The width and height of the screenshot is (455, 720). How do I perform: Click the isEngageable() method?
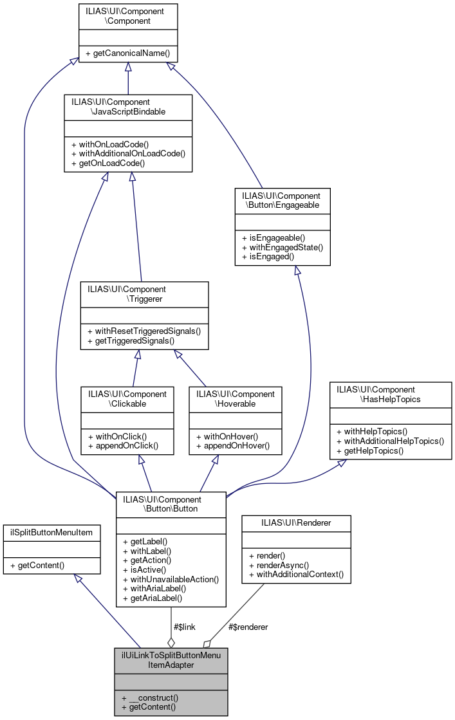click(x=274, y=237)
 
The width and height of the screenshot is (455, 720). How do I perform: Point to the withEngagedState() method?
click(x=282, y=247)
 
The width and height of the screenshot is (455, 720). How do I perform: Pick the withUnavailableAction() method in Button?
click(x=171, y=579)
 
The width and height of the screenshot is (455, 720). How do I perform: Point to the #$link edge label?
click(x=184, y=626)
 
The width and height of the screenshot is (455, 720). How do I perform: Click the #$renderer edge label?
click(x=248, y=626)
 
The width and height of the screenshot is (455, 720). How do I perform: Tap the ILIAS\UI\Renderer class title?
click(x=296, y=522)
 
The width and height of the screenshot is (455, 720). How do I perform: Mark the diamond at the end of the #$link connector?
click(x=171, y=642)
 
